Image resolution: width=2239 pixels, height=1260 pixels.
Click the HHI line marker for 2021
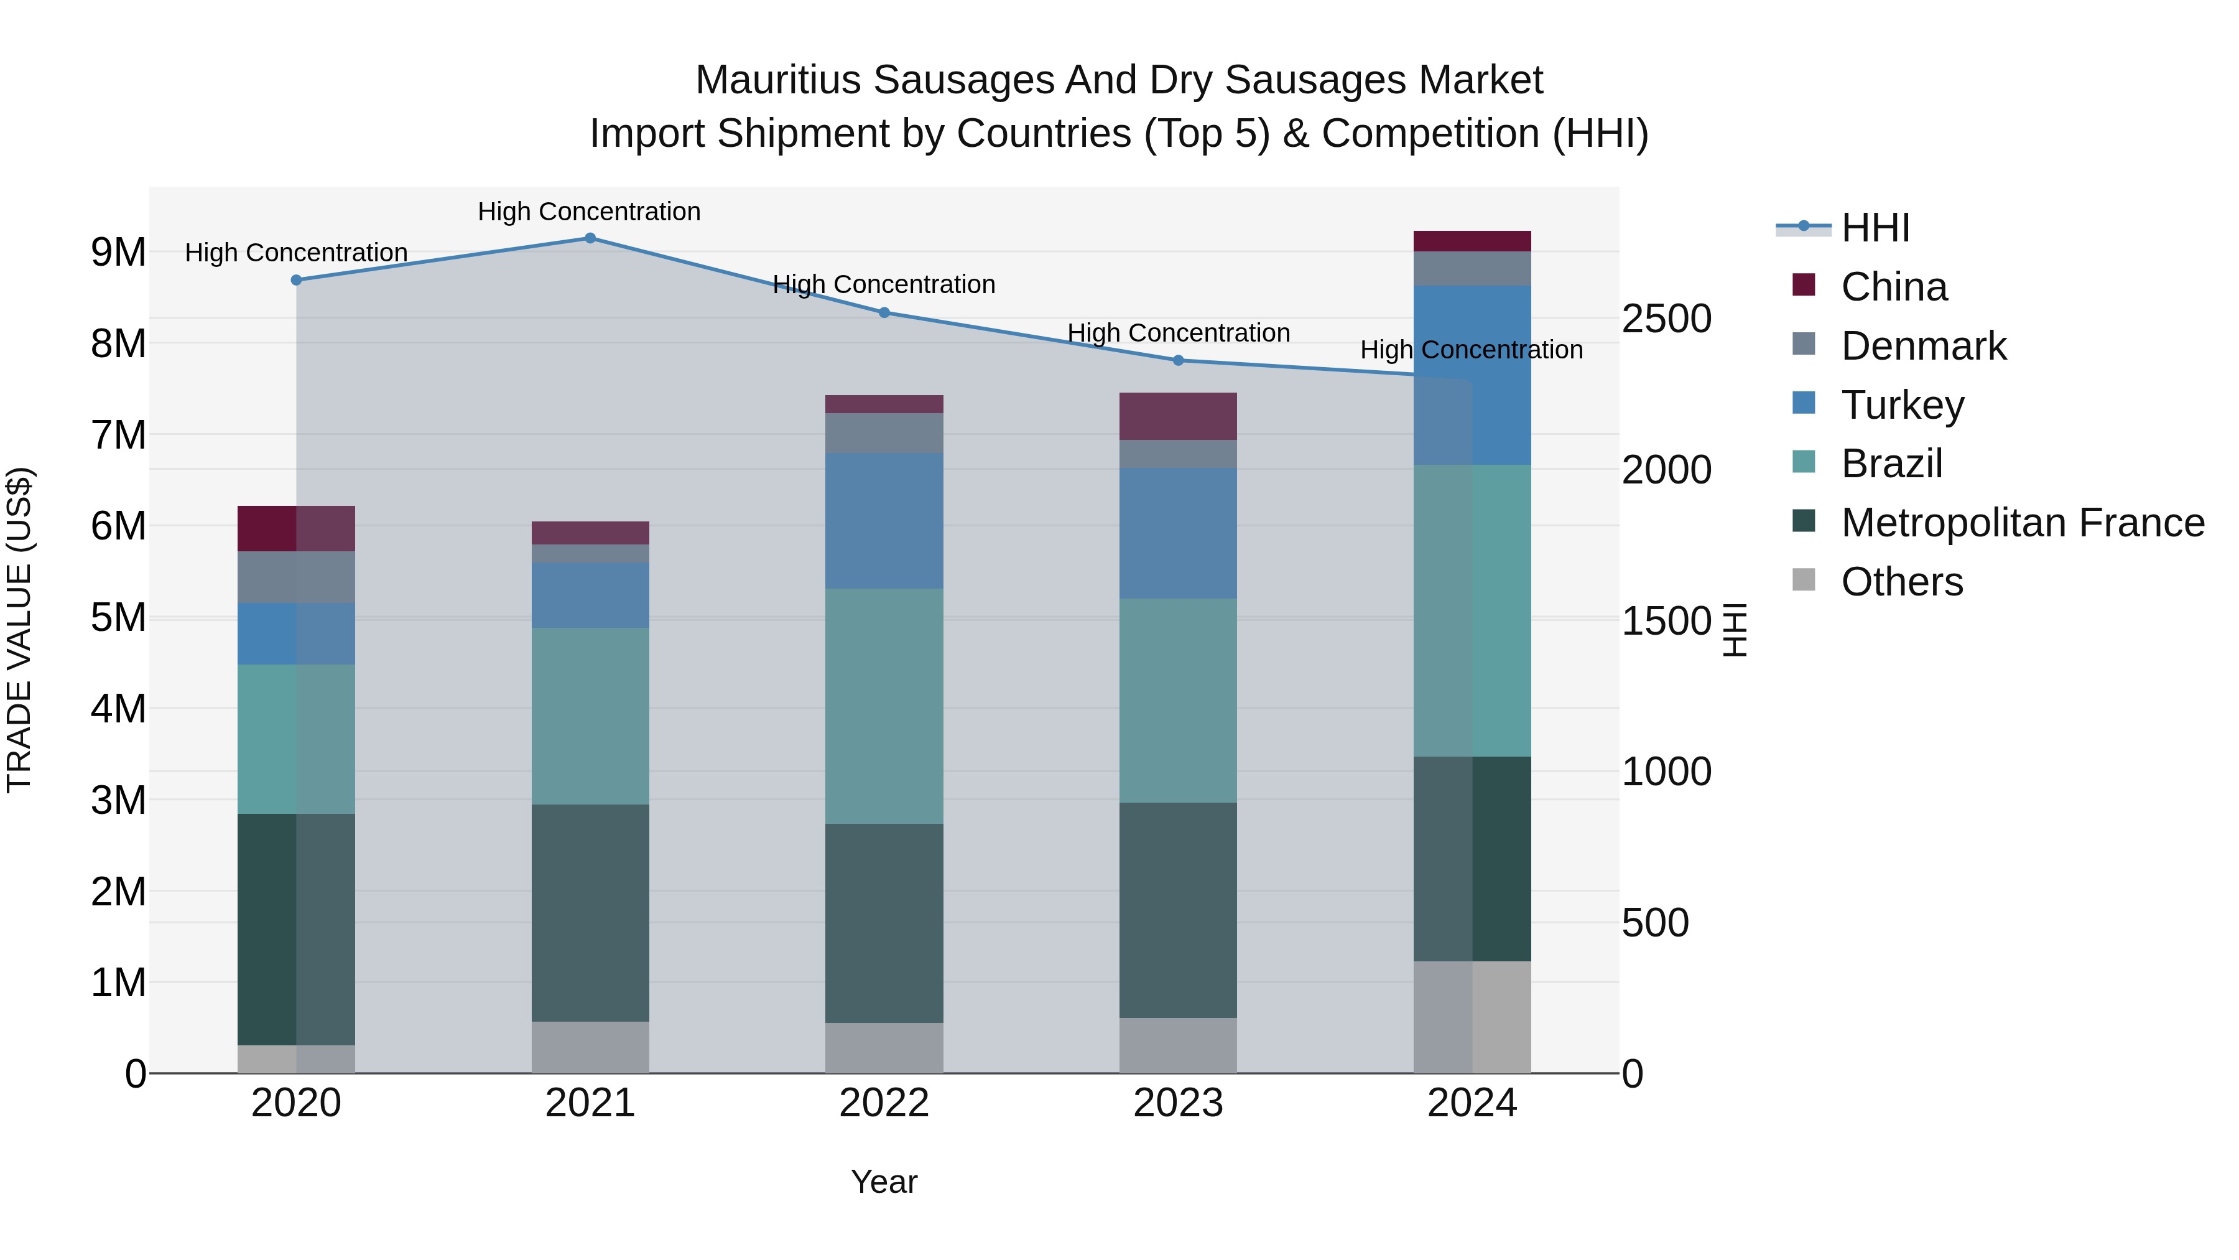(590, 238)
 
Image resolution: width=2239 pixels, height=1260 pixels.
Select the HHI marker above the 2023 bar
(1178, 360)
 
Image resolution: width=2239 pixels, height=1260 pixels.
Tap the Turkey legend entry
(1902, 405)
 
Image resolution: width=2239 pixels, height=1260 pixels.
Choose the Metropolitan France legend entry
(2022, 523)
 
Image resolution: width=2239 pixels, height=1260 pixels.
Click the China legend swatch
(1804, 285)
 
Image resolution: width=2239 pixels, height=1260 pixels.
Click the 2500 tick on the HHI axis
(1666, 319)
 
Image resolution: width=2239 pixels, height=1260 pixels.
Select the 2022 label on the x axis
(884, 1103)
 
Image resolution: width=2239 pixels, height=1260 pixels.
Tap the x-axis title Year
(884, 1182)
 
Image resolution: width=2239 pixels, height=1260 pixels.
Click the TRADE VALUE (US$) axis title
(19, 630)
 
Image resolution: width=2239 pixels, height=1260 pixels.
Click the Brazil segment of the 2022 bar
(884, 706)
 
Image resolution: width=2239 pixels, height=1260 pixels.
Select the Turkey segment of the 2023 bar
(1178, 533)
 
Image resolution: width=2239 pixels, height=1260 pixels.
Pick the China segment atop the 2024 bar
(1472, 241)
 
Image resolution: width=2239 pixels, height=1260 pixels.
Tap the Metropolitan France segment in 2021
(590, 912)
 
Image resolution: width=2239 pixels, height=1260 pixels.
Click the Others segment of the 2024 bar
(1472, 1017)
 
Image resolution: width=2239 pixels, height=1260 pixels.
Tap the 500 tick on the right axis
(1655, 923)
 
